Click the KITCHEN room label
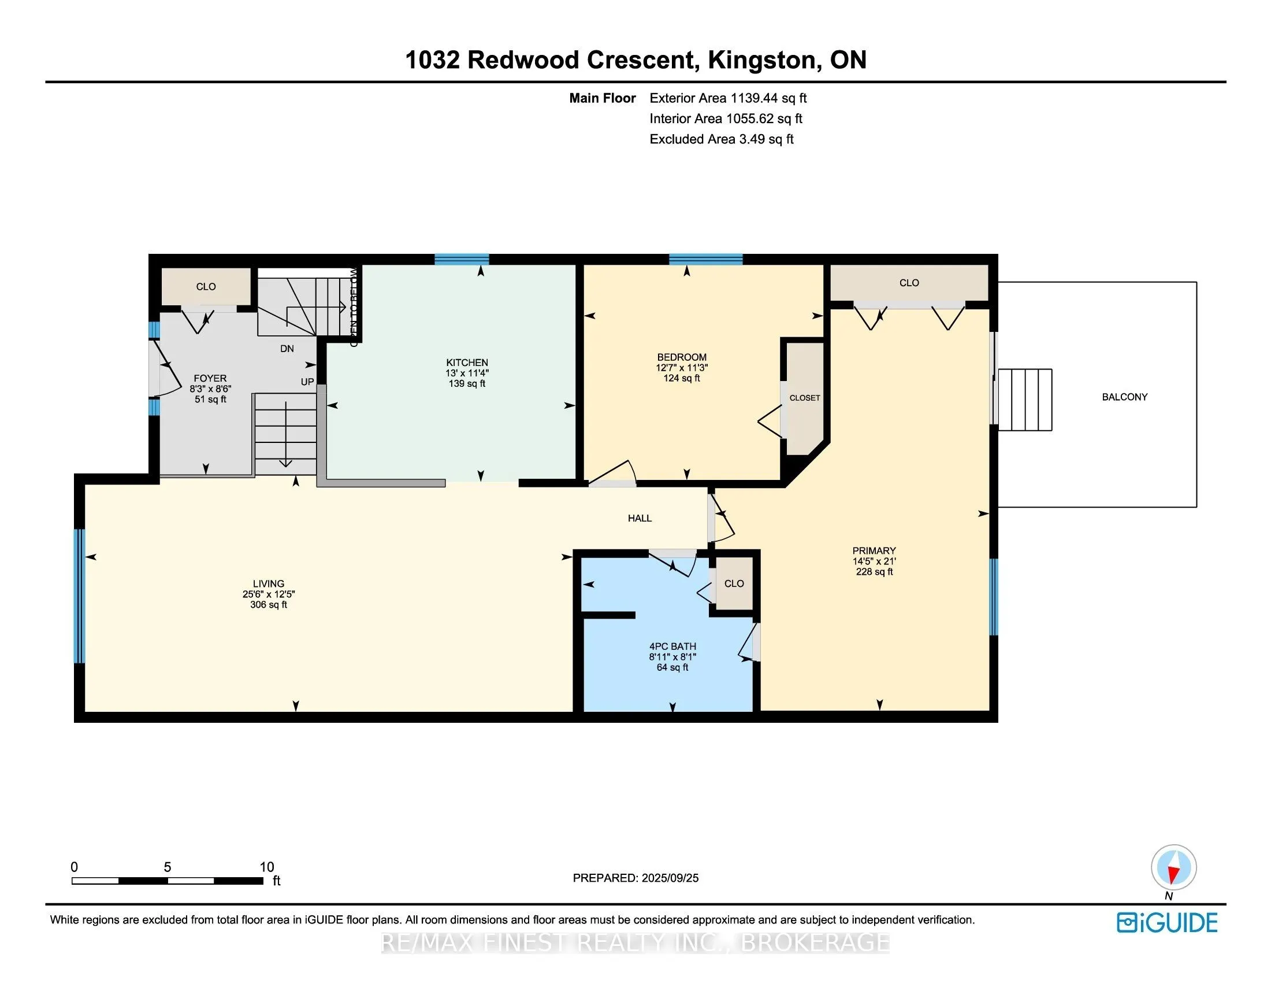pos(467,362)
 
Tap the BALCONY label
pos(1124,397)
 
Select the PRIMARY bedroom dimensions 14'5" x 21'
pos(874,561)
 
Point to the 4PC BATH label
pos(672,646)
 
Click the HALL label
pos(640,518)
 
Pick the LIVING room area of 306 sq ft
pos(268,605)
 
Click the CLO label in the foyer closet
pos(206,286)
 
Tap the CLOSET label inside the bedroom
pos(804,398)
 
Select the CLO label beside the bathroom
pos(734,583)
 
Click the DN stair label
pos(287,349)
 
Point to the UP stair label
pos(307,382)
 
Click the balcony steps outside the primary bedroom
pos(1025,400)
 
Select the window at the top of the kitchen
pos(462,260)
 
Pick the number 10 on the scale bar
pos(266,867)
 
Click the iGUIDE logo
pos(1168,923)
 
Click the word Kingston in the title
pos(761,60)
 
